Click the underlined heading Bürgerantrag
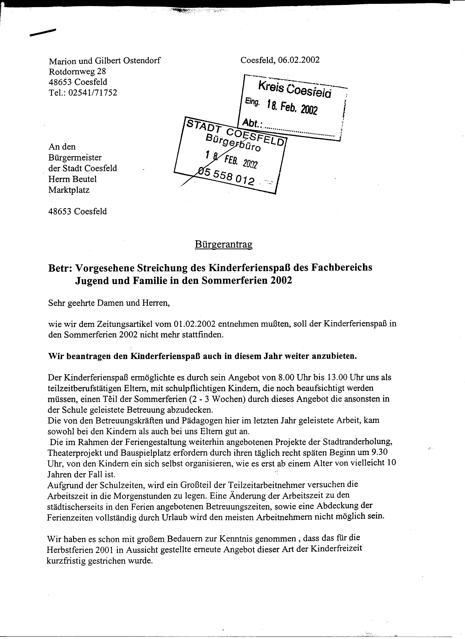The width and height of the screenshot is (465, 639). (x=224, y=245)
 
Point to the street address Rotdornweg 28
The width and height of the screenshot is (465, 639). (x=77, y=71)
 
